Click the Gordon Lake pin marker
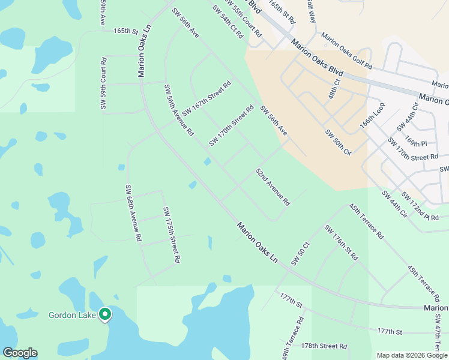[105, 314]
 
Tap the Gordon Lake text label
[72, 314]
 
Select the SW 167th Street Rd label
[206, 98]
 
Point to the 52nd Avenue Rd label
[273, 187]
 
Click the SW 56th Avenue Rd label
[179, 109]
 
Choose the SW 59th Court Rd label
[103, 83]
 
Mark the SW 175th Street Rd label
[172, 235]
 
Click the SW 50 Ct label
[300, 254]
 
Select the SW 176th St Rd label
[341, 242]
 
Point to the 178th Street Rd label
[324, 346]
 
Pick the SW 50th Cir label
[338, 142]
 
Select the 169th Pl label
[415, 142]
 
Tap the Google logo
[20, 353]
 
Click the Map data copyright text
[412, 355]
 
